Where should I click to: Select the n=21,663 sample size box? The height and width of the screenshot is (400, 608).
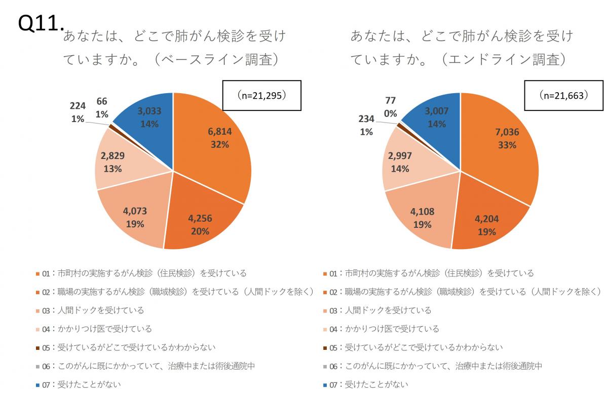coord(563,96)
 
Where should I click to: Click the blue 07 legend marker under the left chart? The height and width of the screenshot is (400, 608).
coord(38,385)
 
